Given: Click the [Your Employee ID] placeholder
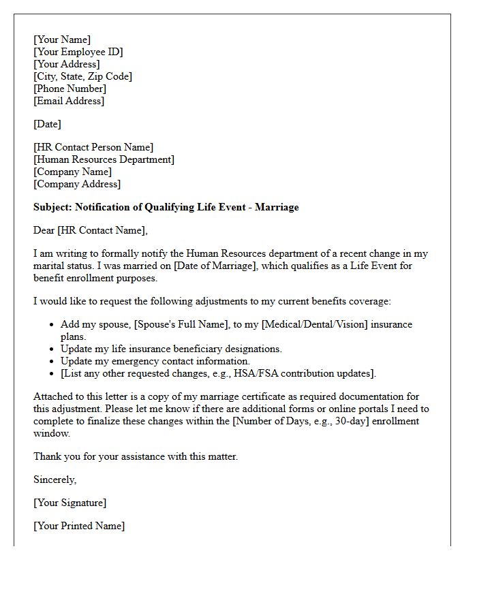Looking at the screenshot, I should point(78,52).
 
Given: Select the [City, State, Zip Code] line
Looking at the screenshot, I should point(82,76).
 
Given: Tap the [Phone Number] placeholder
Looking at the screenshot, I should point(70,89).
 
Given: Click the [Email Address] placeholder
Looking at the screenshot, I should point(69,101).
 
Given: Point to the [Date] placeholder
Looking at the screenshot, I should point(47,124).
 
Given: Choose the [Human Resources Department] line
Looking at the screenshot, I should point(104,159).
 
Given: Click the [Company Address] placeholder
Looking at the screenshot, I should point(77,184).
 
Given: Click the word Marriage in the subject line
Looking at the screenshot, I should point(276,207).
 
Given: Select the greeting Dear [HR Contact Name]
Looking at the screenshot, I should point(90,230).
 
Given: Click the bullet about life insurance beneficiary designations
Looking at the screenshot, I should point(170,349).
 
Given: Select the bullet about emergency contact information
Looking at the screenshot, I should point(155,361).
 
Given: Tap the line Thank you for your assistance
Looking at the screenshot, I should point(136,456).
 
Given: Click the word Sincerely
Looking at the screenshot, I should point(55,480).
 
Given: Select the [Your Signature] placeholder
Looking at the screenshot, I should point(70,503).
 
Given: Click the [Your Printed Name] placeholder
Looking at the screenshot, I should point(79,526).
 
